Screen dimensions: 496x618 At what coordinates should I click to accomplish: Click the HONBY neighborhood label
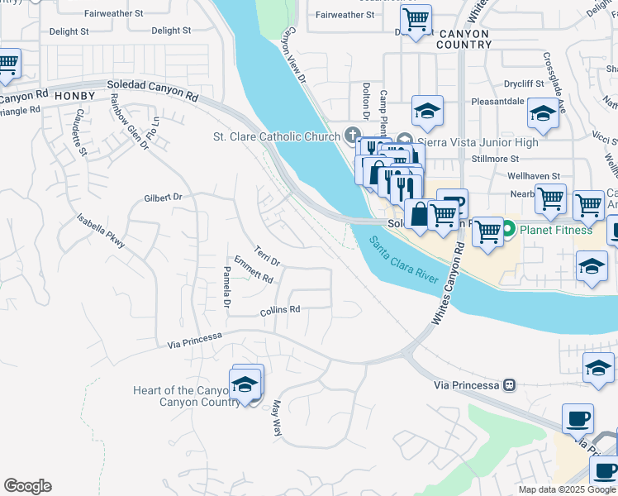pyautogui.click(x=75, y=96)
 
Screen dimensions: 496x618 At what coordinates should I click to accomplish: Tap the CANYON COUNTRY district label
pyautogui.click(x=464, y=39)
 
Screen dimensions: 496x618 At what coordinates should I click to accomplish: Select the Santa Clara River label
pyautogui.click(x=403, y=260)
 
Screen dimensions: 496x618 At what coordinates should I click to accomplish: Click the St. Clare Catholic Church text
pyautogui.click(x=276, y=137)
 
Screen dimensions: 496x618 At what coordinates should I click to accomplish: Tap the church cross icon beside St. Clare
pyautogui.click(x=353, y=135)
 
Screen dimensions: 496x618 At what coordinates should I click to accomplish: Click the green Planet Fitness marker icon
pyautogui.click(x=510, y=229)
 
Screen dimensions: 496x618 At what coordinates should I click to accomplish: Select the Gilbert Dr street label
pyautogui.click(x=162, y=198)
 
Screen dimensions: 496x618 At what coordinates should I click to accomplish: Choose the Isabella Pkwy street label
pyautogui.click(x=100, y=228)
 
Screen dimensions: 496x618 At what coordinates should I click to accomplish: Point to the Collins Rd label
pyautogui.click(x=279, y=310)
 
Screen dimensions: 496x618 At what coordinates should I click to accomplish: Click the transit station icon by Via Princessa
pyautogui.click(x=510, y=385)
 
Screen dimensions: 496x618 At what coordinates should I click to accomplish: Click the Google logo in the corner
pyautogui.click(x=27, y=486)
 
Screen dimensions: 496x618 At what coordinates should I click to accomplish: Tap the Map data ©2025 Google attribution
pyautogui.click(x=566, y=489)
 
